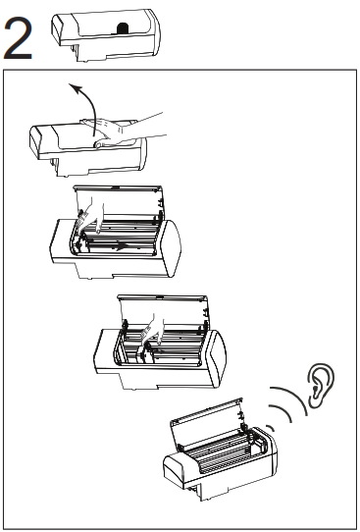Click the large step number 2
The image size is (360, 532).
[x=18, y=38]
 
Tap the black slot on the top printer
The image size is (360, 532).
[x=123, y=28]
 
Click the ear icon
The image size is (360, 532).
[x=321, y=385]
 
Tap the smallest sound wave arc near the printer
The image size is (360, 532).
[x=271, y=427]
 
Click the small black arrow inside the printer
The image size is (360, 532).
[x=122, y=246]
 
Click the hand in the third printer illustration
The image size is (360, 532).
[x=153, y=329]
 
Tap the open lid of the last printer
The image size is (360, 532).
[x=206, y=421]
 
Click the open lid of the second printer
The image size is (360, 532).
[x=118, y=201]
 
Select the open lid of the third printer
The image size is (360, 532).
[x=163, y=311]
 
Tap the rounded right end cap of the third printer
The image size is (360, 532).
[x=216, y=357]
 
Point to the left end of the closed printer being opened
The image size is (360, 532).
[x=35, y=141]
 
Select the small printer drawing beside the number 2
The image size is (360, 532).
[x=106, y=34]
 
